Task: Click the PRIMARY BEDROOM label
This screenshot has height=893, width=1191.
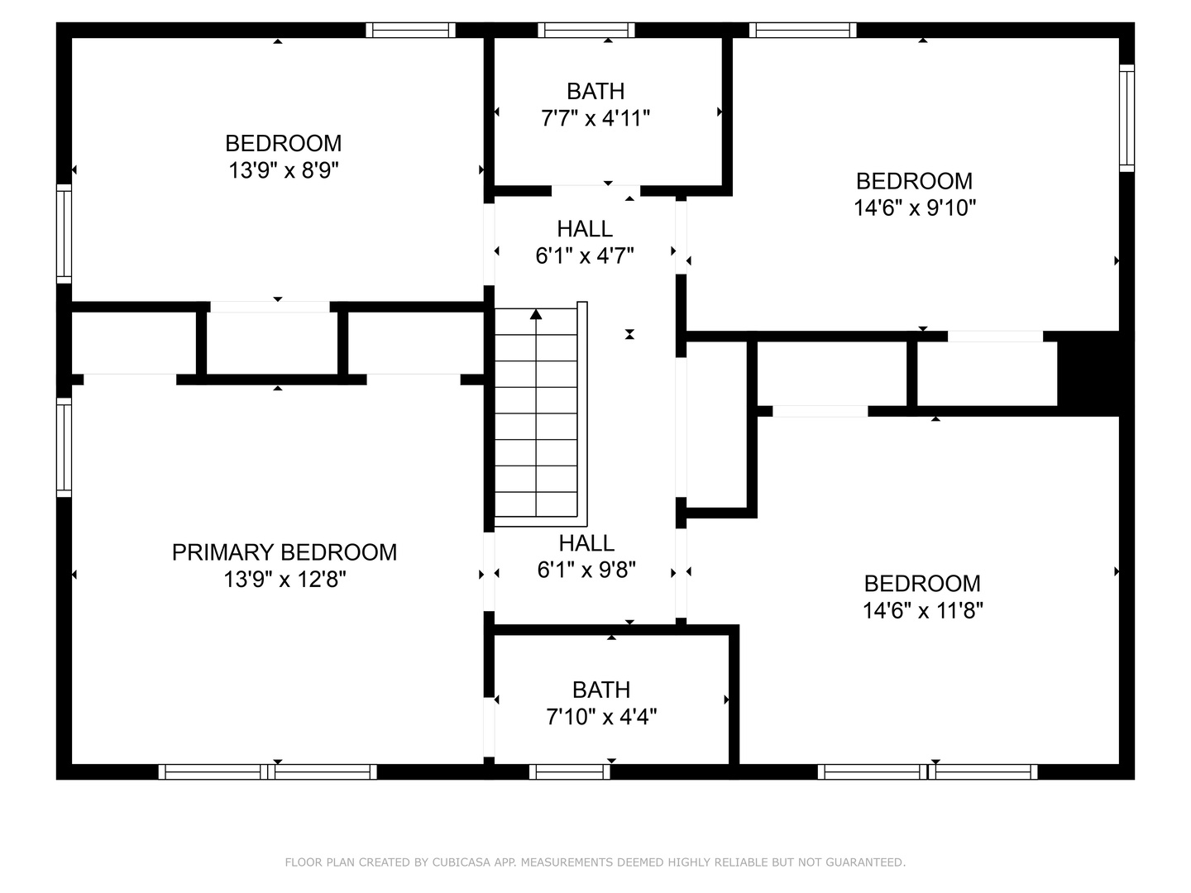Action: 285,552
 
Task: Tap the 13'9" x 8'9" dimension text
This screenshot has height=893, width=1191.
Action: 284,171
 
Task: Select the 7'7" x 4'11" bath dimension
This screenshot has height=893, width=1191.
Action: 595,117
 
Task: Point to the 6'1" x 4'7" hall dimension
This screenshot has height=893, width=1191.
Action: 585,255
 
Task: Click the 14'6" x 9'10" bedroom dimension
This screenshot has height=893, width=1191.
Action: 915,208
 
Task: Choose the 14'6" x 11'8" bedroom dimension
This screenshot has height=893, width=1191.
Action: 923,611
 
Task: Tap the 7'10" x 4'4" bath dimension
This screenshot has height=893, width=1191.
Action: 601,718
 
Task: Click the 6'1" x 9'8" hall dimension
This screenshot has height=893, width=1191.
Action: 586,570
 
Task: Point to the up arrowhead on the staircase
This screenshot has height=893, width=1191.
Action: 536,314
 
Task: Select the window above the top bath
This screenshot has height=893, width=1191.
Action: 586,30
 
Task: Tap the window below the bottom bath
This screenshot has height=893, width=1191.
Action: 570,771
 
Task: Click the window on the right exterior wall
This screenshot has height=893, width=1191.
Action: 1127,118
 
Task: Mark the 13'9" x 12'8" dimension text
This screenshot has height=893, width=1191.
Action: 285,580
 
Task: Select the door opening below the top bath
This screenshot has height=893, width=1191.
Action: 595,191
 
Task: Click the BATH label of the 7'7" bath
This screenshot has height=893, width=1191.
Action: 595,91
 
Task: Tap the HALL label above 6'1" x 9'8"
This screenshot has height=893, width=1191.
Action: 586,542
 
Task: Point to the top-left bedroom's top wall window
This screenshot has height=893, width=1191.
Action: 410,30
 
